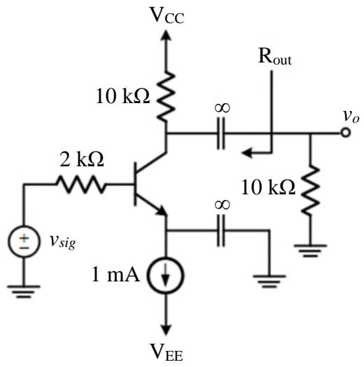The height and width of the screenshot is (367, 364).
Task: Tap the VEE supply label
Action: pyautogui.click(x=166, y=352)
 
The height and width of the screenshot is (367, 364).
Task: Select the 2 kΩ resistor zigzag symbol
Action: pyautogui.click(x=80, y=185)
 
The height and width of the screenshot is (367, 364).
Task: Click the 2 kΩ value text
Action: pyautogui.click(x=82, y=159)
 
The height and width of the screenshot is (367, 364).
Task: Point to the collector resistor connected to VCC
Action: pyautogui.click(x=166, y=96)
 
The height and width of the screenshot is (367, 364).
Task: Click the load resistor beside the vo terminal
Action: pyautogui.click(x=310, y=190)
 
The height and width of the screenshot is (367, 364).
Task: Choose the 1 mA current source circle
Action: pyautogui.click(x=166, y=275)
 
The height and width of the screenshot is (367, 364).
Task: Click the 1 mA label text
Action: pyautogui.click(x=115, y=274)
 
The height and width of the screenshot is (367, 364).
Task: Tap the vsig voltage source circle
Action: pyautogui.click(x=24, y=242)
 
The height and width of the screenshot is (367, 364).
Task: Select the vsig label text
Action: pyautogui.click(x=63, y=242)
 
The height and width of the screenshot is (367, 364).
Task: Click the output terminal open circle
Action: pyautogui.click(x=346, y=133)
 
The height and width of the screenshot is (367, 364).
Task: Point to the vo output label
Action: pyautogui.click(x=351, y=116)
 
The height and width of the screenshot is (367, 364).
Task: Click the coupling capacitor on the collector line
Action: pyautogui.click(x=221, y=133)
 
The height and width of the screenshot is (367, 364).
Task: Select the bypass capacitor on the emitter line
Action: pyautogui.click(x=221, y=231)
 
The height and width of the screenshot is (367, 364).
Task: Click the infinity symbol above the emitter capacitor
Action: pyautogui.click(x=223, y=205)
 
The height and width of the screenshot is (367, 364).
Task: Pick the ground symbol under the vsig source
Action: pyautogui.click(x=24, y=292)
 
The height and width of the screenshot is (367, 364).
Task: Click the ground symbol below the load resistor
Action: pyautogui.click(x=310, y=251)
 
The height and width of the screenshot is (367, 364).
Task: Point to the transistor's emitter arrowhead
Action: pyautogui.click(x=162, y=211)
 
